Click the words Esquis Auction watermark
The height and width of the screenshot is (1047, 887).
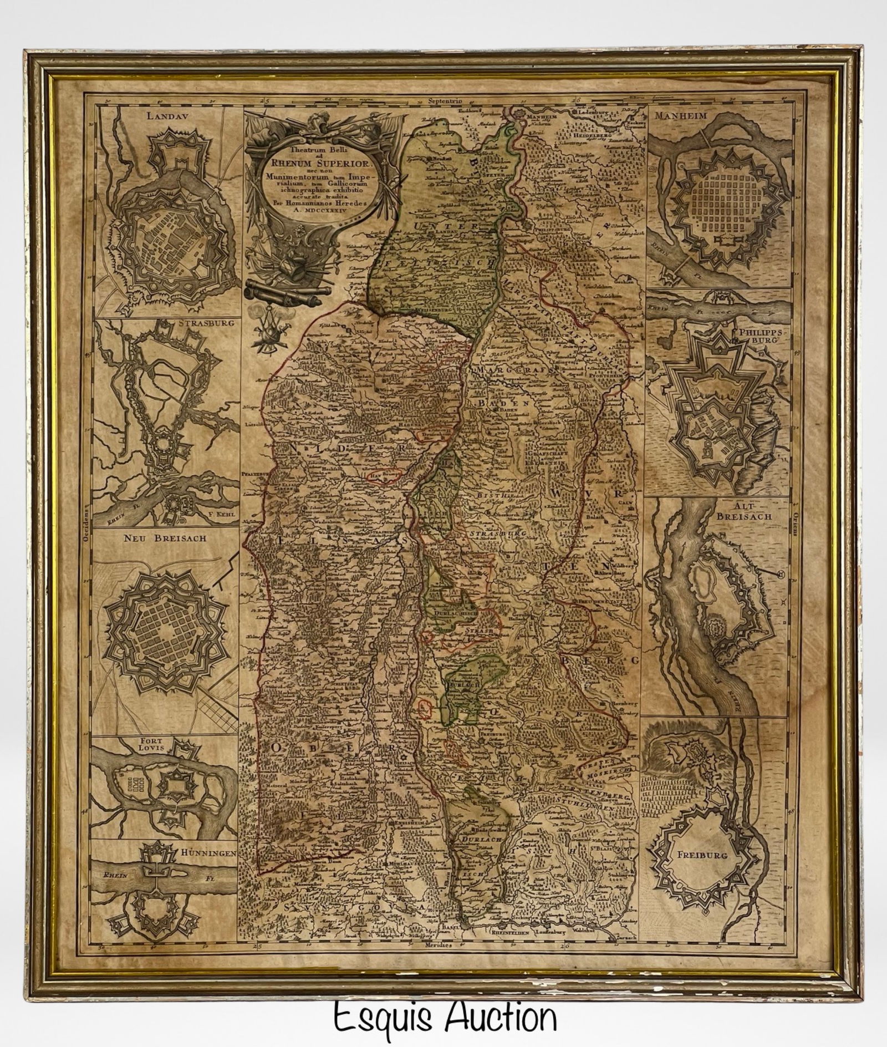(445, 1015)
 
